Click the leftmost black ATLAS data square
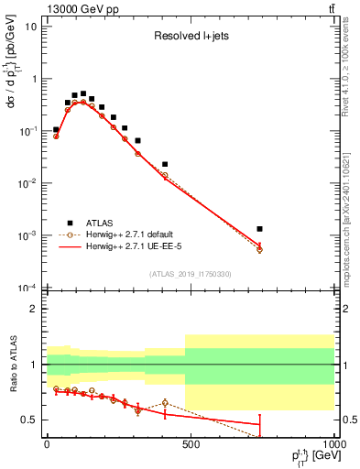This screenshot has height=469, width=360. (x=56, y=130)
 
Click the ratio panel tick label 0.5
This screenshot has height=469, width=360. (x=29, y=420)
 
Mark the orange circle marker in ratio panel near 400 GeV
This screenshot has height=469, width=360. (x=165, y=403)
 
